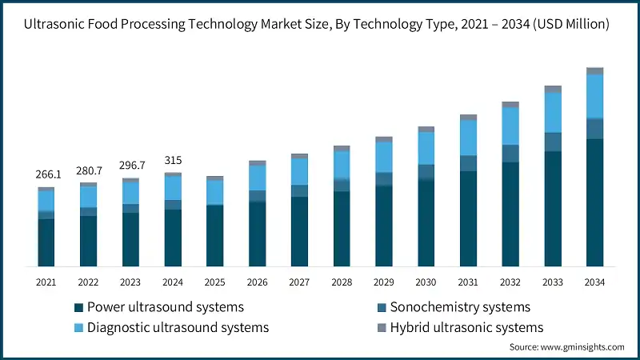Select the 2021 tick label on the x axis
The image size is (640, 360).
pos(46,282)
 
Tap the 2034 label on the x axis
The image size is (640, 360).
pos(594,282)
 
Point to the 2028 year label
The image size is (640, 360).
pos(342,282)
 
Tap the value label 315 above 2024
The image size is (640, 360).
pos(173,160)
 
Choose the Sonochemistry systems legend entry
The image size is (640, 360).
pos(459,307)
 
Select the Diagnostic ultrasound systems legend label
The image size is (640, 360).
pos(178,327)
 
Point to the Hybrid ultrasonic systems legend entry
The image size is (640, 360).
pos(466,327)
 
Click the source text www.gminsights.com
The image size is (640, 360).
pos(567,347)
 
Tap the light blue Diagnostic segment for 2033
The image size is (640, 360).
pos(553,113)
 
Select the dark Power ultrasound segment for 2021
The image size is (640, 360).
pos(46,242)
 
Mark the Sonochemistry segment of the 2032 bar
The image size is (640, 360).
pos(510,154)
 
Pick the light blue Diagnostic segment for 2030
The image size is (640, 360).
pos(426,148)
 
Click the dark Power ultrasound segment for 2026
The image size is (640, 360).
pos(257,234)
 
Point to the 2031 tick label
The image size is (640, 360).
pos(468,282)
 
